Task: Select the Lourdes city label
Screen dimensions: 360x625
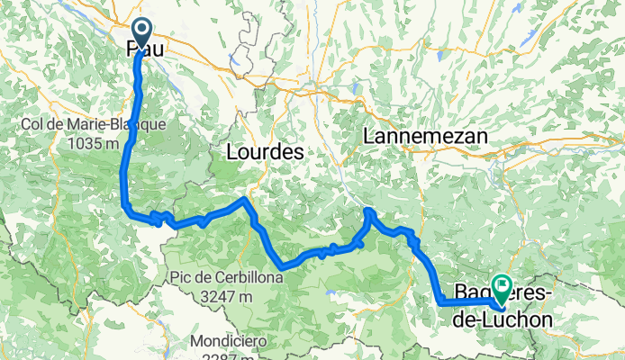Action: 262,153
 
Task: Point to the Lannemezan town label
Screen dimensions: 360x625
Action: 425,136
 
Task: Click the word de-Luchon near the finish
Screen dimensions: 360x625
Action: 504,317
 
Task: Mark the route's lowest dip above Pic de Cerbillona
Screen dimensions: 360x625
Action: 283,266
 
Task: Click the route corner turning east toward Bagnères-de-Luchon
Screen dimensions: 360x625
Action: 441,303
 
